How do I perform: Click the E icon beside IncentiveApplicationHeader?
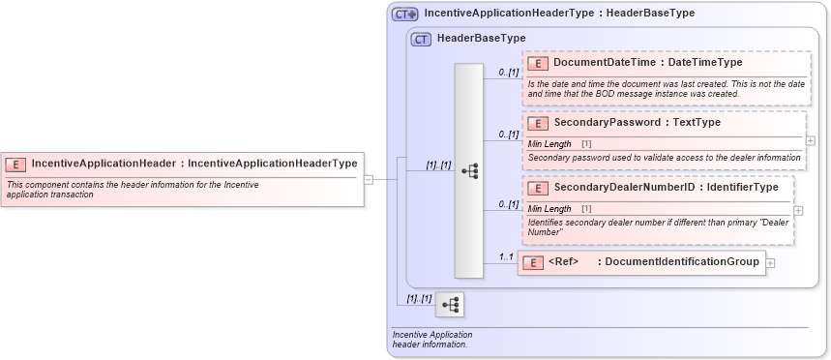click(x=15, y=164)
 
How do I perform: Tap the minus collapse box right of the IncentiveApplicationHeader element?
click(x=369, y=179)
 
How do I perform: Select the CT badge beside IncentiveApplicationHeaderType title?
click(x=404, y=15)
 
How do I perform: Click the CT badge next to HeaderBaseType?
click(x=421, y=39)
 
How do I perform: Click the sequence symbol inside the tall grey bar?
click(x=469, y=171)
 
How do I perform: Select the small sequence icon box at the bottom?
click(x=450, y=305)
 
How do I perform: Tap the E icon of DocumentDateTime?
click(x=538, y=63)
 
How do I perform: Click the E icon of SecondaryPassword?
click(x=538, y=123)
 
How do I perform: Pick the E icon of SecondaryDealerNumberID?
click(x=538, y=187)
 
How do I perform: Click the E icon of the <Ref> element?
click(x=532, y=262)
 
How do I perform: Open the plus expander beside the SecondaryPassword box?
click(x=810, y=140)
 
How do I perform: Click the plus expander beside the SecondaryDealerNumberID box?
click(x=797, y=210)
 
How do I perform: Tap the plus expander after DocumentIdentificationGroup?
click(x=770, y=262)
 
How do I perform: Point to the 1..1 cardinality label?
click(x=505, y=256)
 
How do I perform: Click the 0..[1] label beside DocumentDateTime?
click(x=509, y=72)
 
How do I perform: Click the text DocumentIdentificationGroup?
click(x=682, y=262)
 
